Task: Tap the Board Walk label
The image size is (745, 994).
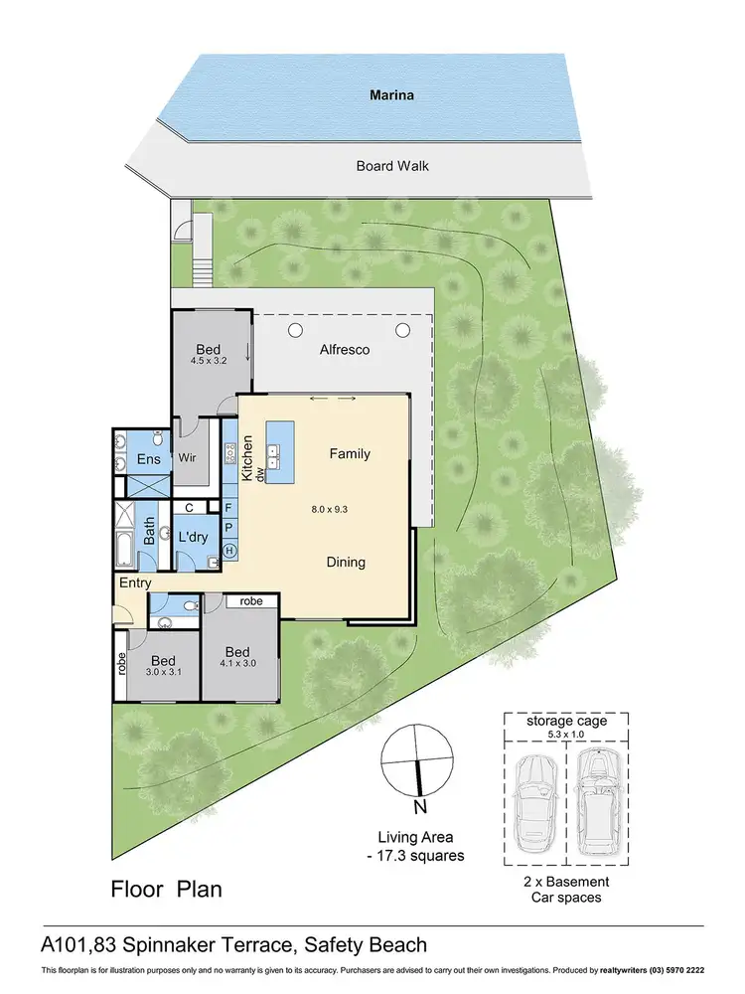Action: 392,166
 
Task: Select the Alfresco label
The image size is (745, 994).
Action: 345,350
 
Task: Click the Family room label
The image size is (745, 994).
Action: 350,453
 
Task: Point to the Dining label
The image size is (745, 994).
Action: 346,562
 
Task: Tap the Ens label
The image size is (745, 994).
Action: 148,459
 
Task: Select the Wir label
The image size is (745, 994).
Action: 189,459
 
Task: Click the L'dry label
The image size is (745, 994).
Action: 193,537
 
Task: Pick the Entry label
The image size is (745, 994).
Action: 134,583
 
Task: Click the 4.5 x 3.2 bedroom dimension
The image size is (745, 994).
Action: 209,361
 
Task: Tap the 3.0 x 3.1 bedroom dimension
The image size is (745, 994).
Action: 163,673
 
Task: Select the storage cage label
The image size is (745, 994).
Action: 566,722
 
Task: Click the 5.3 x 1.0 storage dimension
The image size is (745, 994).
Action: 566,736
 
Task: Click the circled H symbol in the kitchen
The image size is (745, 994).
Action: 229,551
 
